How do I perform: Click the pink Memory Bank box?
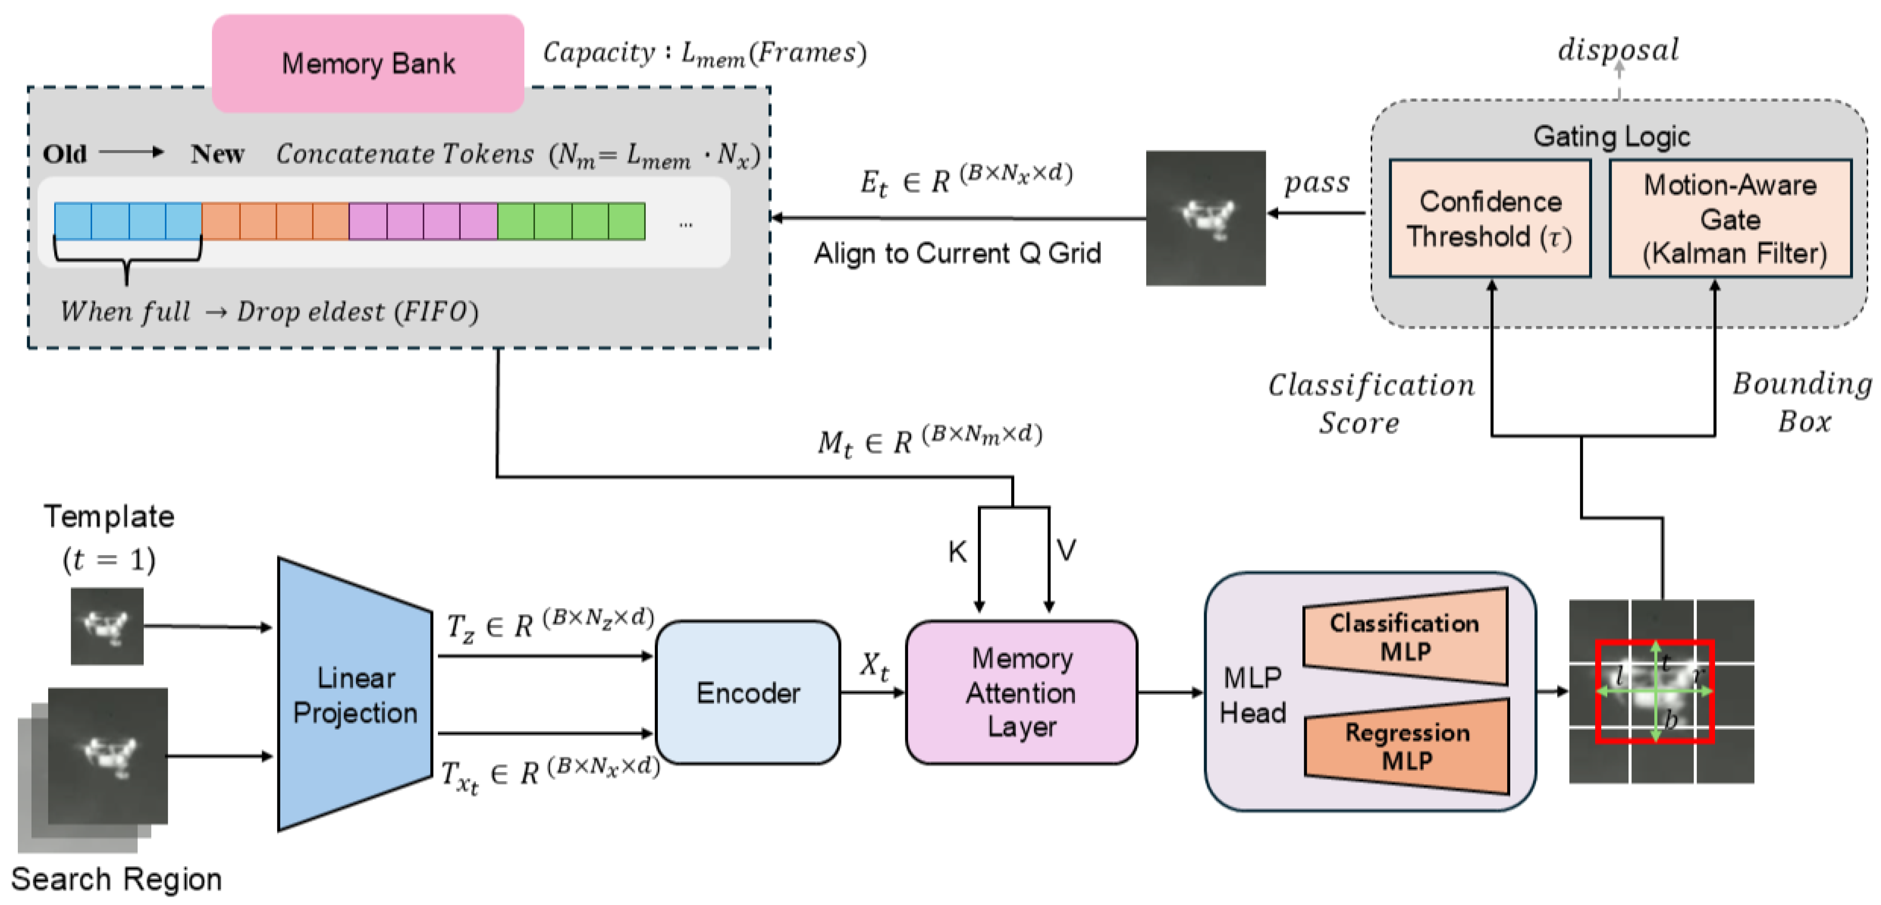pos(368,64)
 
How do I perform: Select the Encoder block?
pos(748,693)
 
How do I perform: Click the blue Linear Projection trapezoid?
pos(355,694)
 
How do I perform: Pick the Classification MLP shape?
pos(1405,636)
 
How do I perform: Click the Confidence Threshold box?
pos(1490,219)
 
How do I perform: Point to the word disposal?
pos(1618,50)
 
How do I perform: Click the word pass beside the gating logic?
pos(1317,183)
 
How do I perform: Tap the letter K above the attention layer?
pos(957,552)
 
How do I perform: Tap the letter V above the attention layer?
pos(1066,550)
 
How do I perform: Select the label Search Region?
pos(116,879)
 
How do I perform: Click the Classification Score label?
pos(1370,403)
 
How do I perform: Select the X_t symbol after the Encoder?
pos(873,666)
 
